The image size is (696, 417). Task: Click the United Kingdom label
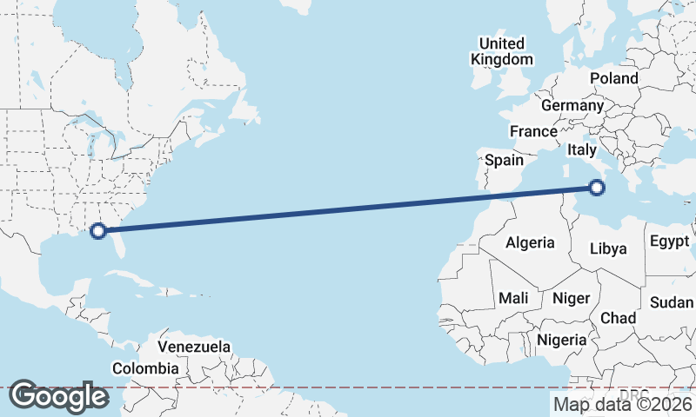click(x=501, y=51)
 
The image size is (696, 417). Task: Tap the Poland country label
click(x=613, y=78)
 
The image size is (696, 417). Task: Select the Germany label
click(x=572, y=105)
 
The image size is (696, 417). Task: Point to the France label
click(x=533, y=131)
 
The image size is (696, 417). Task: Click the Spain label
click(x=504, y=160)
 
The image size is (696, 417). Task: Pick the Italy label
click(x=581, y=150)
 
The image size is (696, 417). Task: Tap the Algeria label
click(x=530, y=242)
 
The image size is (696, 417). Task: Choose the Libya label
click(x=608, y=248)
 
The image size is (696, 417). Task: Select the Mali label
click(x=513, y=298)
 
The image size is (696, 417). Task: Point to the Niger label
click(x=572, y=298)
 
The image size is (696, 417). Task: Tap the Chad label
click(x=618, y=318)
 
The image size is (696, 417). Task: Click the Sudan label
click(x=672, y=302)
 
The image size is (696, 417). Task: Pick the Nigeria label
click(x=561, y=340)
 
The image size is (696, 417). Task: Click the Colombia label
click(x=145, y=368)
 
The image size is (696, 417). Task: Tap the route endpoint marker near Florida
click(x=98, y=230)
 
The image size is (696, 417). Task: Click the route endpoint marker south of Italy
click(x=597, y=187)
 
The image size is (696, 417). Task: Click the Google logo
click(x=58, y=396)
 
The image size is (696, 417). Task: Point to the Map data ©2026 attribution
click(x=623, y=403)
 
